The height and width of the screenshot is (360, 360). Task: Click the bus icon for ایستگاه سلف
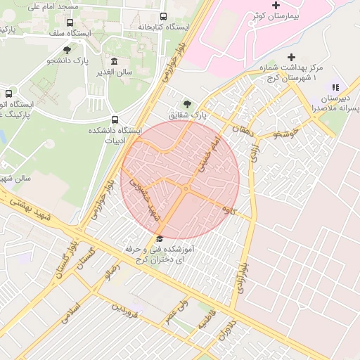click(70, 22)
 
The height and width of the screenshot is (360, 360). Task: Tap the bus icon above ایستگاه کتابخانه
click(164, 16)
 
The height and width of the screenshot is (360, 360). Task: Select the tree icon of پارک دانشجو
click(67, 49)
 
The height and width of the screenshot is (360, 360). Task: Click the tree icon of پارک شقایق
click(186, 103)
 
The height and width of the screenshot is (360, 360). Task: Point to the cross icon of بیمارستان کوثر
click(276, 6)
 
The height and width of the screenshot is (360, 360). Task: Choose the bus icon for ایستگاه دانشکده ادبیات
click(115, 120)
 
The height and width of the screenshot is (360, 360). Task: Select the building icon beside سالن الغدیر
click(115, 62)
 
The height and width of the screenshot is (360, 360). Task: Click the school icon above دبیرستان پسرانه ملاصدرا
click(335, 87)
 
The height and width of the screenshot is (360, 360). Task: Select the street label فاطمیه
click(204, 323)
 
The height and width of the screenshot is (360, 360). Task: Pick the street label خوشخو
click(288, 134)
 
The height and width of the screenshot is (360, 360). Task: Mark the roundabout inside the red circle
click(186, 188)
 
